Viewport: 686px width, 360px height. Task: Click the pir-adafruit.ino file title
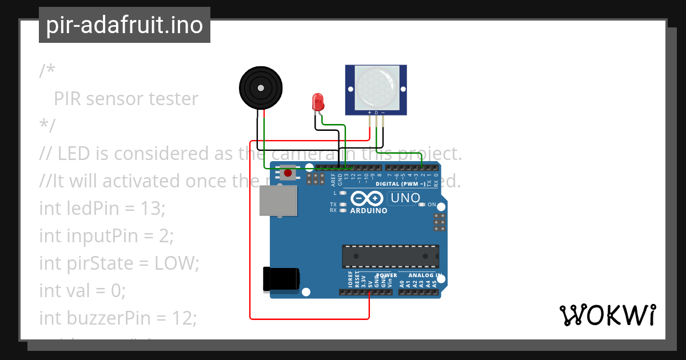pos(124,25)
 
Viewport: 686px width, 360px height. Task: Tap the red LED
pos(317,103)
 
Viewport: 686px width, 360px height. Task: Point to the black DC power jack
pos(280,279)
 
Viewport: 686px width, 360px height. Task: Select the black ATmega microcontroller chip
pos(390,256)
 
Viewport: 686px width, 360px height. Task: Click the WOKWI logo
pos(607,315)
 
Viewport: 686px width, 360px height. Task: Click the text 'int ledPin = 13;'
pos(102,208)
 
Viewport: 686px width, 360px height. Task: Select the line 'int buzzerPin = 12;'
pos(117,318)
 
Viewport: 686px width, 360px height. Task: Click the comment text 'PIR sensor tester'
pos(126,99)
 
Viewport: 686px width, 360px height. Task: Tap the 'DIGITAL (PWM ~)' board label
pos(400,184)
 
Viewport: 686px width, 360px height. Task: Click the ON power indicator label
pos(432,205)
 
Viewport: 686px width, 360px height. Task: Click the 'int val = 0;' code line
pos(82,291)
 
